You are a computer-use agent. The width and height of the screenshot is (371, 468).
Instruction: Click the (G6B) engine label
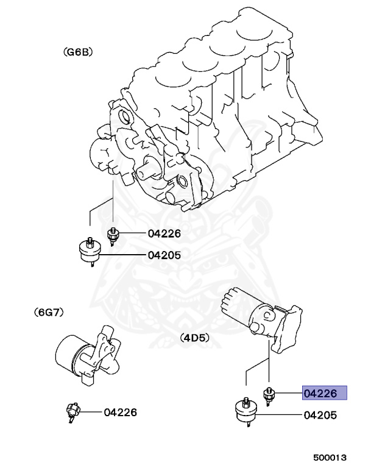(77, 54)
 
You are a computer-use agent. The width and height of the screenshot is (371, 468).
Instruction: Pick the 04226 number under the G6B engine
(164, 234)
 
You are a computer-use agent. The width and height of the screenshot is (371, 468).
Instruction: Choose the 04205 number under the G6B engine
(164, 255)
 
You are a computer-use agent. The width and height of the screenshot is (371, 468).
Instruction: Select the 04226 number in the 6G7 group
(119, 413)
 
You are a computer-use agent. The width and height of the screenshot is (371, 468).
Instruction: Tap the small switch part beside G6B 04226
(113, 234)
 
